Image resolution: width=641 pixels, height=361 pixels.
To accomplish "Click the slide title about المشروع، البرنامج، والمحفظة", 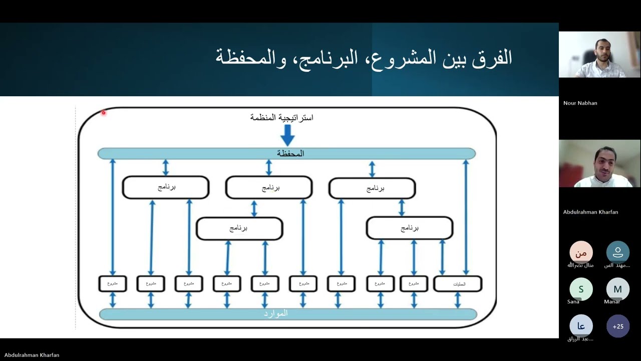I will pos(364,58).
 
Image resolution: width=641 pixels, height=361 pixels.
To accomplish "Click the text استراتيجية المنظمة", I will pos(281,117).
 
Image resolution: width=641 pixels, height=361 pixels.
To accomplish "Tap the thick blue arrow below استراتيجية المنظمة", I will pos(287,134).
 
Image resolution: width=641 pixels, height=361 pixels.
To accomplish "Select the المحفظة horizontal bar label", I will pos(290,153).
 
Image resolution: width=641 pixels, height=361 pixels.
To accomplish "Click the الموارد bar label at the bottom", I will pos(276,314).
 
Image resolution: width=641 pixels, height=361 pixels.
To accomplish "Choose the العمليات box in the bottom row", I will pos(458,284).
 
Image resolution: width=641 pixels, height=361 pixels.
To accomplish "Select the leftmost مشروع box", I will pos(113,284).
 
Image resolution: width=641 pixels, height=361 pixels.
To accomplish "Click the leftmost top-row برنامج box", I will pos(166,188).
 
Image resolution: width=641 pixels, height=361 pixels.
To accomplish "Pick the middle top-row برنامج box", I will pos(269,188).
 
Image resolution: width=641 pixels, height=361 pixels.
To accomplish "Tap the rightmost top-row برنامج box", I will pos(372,189).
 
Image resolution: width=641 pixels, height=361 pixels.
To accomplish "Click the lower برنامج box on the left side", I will pos(239,229).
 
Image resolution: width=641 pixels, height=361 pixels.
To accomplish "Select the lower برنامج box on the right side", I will pos(410,229).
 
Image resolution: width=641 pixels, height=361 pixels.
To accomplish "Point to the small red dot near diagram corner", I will pos(104,113).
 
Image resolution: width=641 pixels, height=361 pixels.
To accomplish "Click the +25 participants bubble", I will pos(618,326).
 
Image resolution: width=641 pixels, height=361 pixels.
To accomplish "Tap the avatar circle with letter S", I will pos(581,289).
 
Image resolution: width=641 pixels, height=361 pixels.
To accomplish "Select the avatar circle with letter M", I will pos(617,289).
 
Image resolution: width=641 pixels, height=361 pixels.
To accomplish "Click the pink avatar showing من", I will pos(581,253).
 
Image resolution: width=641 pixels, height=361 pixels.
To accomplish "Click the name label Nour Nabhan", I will pos(580,103).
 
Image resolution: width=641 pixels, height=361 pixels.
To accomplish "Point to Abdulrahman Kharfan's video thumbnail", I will pos(599,163).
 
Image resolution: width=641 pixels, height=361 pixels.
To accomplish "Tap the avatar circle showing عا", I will pos(581,326).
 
